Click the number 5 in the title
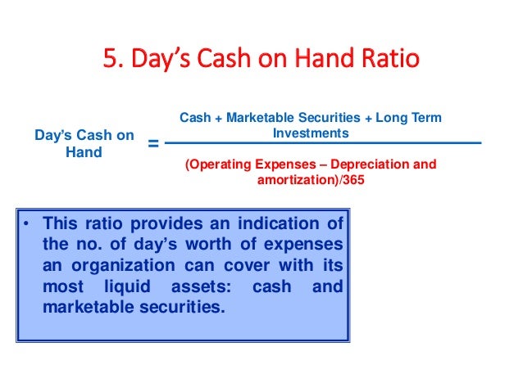[109, 61]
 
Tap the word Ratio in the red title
[385, 61]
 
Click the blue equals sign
[152, 145]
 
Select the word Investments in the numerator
[311, 133]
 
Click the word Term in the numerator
[426, 118]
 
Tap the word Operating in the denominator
[216, 164]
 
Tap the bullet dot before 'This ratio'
[27, 223]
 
